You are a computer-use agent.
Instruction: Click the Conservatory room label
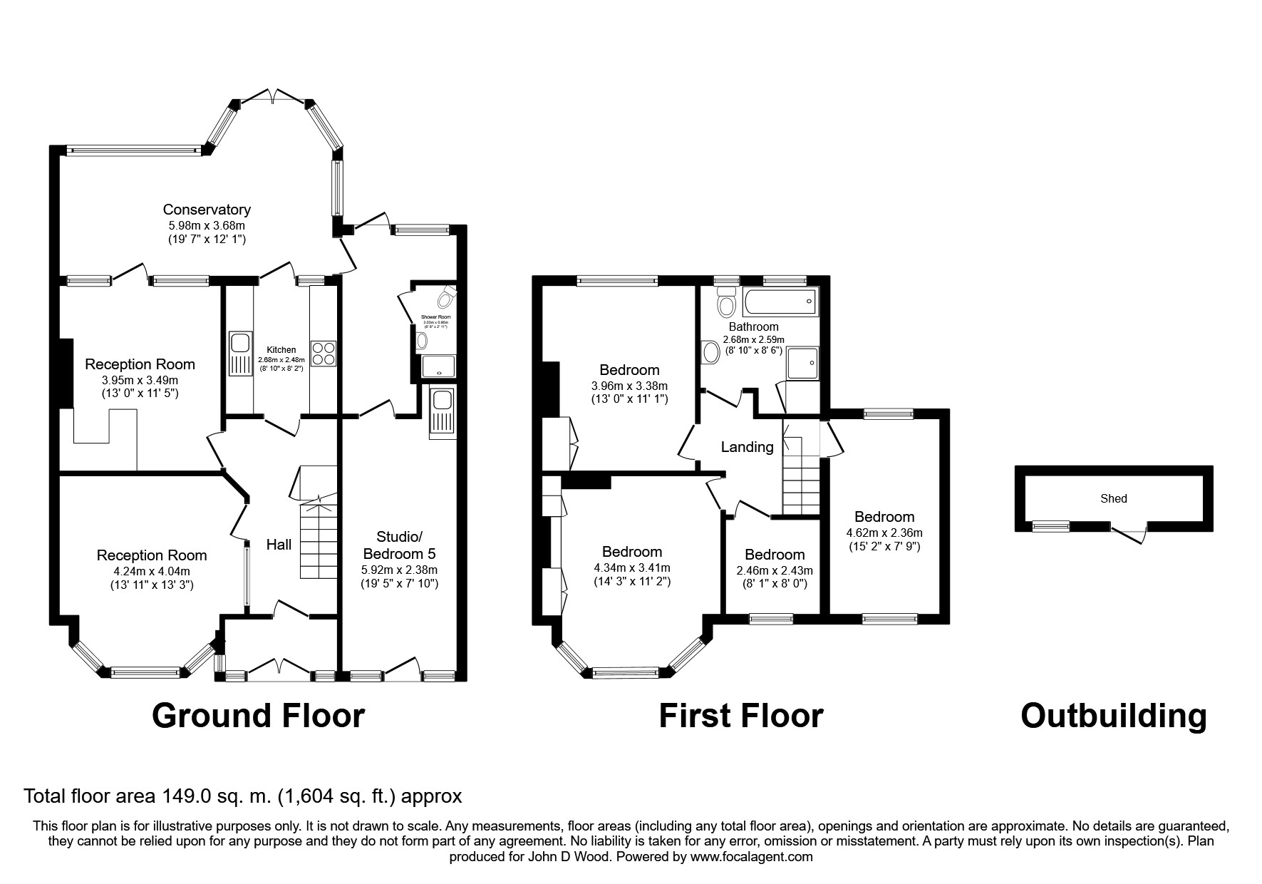tap(207, 210)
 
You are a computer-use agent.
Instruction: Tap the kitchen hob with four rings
tap(323, 353)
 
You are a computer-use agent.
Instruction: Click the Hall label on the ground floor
tap(279, 545)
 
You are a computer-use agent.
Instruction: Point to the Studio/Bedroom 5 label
tap(400, 545)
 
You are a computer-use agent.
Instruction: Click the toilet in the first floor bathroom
tap(726, 306)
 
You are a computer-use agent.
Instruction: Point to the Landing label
tap(747, 447)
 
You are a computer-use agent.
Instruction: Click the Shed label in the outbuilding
tap(1113, 499)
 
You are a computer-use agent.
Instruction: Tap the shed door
tap(1129, 531)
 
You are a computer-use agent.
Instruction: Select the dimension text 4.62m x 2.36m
tap(884, 533)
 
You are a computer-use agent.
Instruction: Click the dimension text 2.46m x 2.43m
tap(775, 570)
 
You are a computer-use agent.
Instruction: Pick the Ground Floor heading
tap(258, 715)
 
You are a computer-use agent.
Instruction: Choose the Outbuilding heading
tap(1114, 715)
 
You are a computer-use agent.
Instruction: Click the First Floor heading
tap(740, 715)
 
